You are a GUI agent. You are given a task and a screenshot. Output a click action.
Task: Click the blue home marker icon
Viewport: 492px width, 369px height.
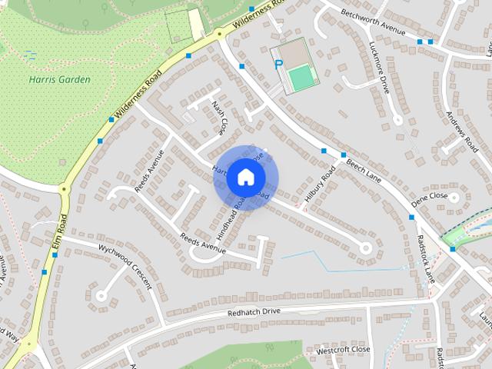click(245, 177)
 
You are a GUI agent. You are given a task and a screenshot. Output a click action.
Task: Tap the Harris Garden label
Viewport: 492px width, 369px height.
click(60, 79)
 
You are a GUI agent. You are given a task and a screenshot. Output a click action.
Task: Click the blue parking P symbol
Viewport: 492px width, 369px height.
click(278, 65)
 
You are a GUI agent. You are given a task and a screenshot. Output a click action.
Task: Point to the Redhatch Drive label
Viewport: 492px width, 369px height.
click(254, 312)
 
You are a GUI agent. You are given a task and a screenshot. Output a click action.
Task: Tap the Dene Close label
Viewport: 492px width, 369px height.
click(429, 197)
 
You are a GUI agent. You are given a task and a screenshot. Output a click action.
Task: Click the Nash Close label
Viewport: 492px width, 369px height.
click(220, 116)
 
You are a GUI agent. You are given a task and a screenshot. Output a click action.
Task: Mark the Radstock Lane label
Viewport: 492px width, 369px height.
click(426, 258)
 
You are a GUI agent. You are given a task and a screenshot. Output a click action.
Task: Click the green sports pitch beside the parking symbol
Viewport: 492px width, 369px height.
click(302, 76)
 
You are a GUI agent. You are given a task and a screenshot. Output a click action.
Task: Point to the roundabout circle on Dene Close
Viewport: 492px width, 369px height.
click(454, 197)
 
